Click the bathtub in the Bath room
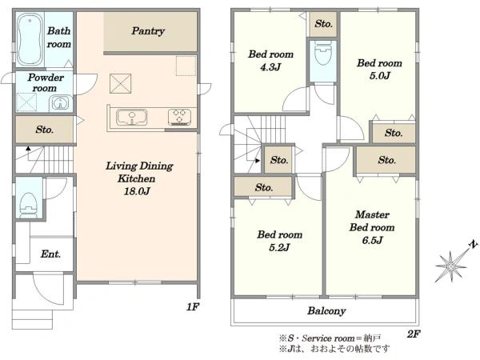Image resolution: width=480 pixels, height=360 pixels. coord(30,39)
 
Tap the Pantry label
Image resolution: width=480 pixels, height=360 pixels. coord(148,31)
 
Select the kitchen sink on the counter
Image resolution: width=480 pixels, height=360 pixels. coord(132,118)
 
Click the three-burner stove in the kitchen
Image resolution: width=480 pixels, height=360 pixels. coord(180,118)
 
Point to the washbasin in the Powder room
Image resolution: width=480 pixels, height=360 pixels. coord(60,103)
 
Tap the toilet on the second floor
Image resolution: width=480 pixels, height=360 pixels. coord(323,54)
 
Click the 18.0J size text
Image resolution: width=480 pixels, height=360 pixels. coord(137,191)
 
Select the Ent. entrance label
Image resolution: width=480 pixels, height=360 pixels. coord(50,254)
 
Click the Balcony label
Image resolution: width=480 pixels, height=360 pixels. coord(326,311)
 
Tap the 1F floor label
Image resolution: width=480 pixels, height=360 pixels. coord(193,306)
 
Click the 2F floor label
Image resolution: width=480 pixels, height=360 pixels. coord(414,334)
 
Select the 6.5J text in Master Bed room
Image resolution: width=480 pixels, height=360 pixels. coord(372,240)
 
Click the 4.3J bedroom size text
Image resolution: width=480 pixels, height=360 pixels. coord(270,67)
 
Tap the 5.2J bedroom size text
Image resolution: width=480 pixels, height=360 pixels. coord(279,247)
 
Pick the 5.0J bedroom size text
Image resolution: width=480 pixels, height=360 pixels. coord(379,76)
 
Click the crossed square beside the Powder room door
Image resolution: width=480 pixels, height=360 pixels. coord(121,83)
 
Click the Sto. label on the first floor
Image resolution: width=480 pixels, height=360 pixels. coord(44,130)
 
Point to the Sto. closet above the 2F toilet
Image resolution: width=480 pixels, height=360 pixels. coord(323,24)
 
